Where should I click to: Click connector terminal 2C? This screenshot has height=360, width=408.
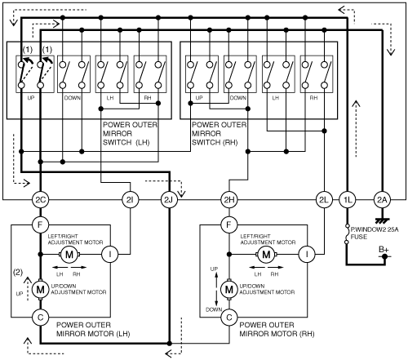point(40,200)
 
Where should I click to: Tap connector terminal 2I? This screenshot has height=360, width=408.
point(130,200)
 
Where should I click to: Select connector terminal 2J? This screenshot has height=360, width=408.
point(169,200)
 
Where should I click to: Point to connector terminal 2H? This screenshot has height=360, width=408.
point(229,200)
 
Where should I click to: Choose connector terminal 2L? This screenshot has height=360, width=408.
point(324,200)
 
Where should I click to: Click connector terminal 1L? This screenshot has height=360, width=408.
point(348,200)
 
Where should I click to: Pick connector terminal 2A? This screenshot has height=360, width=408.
point(382,200)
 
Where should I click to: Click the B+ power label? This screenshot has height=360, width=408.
point(384,249)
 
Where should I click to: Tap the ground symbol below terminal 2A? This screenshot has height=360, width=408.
point(382,220)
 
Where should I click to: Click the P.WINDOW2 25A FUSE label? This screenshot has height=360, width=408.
point(375,233)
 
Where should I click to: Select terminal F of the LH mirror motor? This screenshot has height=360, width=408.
point(40,224)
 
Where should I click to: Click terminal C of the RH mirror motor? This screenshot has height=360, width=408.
point(229,318)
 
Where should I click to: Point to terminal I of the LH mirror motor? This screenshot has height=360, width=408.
point(110,255)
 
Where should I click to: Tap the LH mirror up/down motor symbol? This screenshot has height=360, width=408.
point(40,289)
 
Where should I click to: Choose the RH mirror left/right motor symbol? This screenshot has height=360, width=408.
point(266,255)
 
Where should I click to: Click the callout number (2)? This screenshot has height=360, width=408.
point(18,272)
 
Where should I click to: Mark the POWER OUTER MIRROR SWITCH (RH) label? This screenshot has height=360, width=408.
point(219,134)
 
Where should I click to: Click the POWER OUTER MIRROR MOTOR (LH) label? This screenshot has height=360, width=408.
point(93,329)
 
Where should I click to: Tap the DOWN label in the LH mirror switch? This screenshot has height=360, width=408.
point(73,98)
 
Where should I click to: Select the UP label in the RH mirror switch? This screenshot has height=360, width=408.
point(199,98)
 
